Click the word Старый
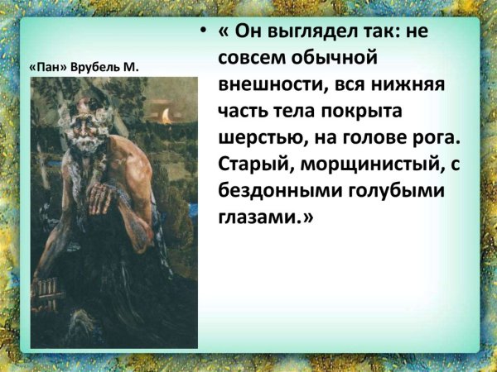click(256, 164)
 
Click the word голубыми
click(394, 190)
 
